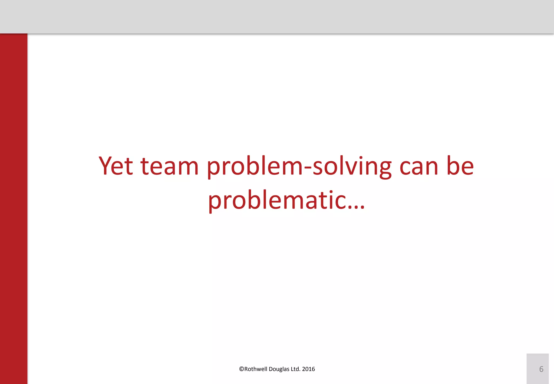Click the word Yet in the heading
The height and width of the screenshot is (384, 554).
[x=116, y=166]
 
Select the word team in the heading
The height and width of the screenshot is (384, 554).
[x=170, y=166]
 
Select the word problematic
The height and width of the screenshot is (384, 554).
[x=277, y=200]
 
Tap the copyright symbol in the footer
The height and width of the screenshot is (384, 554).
[x=242, y=369]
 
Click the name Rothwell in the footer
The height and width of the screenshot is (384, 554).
[x=256, y=369]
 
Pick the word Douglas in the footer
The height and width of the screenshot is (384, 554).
[x=279, y=369]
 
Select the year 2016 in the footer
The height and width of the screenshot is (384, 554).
[x=308, y=369]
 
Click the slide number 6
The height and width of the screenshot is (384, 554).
[x=541, y=369]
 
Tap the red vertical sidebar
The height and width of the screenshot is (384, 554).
[x=14, y=209]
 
